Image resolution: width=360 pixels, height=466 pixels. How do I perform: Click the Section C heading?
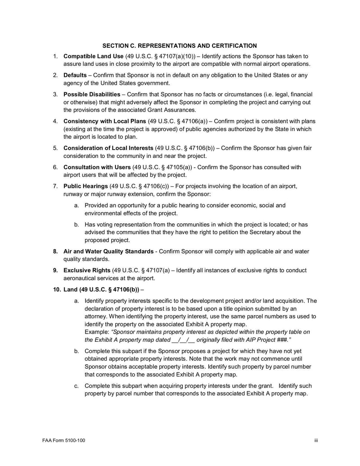tap(180, 45)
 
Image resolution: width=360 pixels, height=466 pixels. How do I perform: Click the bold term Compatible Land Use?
tap(93, 56)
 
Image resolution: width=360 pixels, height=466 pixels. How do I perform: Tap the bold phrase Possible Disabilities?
tap(92, 94)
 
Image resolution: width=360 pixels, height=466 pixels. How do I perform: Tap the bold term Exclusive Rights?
tap(86, 270)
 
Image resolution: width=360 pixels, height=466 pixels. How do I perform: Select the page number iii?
tap(316, 440)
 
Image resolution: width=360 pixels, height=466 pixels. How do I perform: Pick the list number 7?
tap(55, 186)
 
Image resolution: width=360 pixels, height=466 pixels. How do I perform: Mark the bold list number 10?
tap(57, 289)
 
